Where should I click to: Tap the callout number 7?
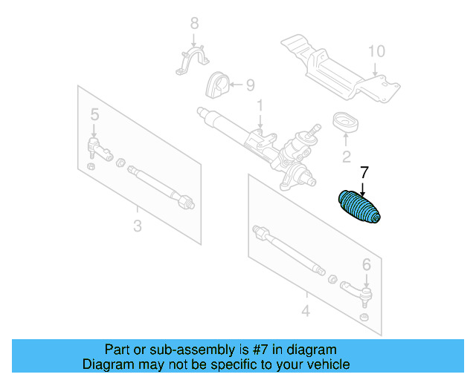pyautogui.click(x=364, y=173)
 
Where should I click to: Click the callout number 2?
pyautogui.click(x=346, y=157)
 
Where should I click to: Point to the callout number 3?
pyautogui.click(x=137, y=226)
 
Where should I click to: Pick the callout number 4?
pyautogui.click(x=306, y=310)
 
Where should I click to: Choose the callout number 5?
pyautogui.click(x=94, y=114)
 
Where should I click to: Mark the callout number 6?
pyautogui.click(x=366, y=263)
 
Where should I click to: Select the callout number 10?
pyautogui.click(x=376, y=51)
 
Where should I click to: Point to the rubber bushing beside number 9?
pyautogui.click(x=216, y=85)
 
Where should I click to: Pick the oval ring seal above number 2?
pyautogui.click(x=344, y=122)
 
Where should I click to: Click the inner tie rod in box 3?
pyautogui.click(x=161, y=186)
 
